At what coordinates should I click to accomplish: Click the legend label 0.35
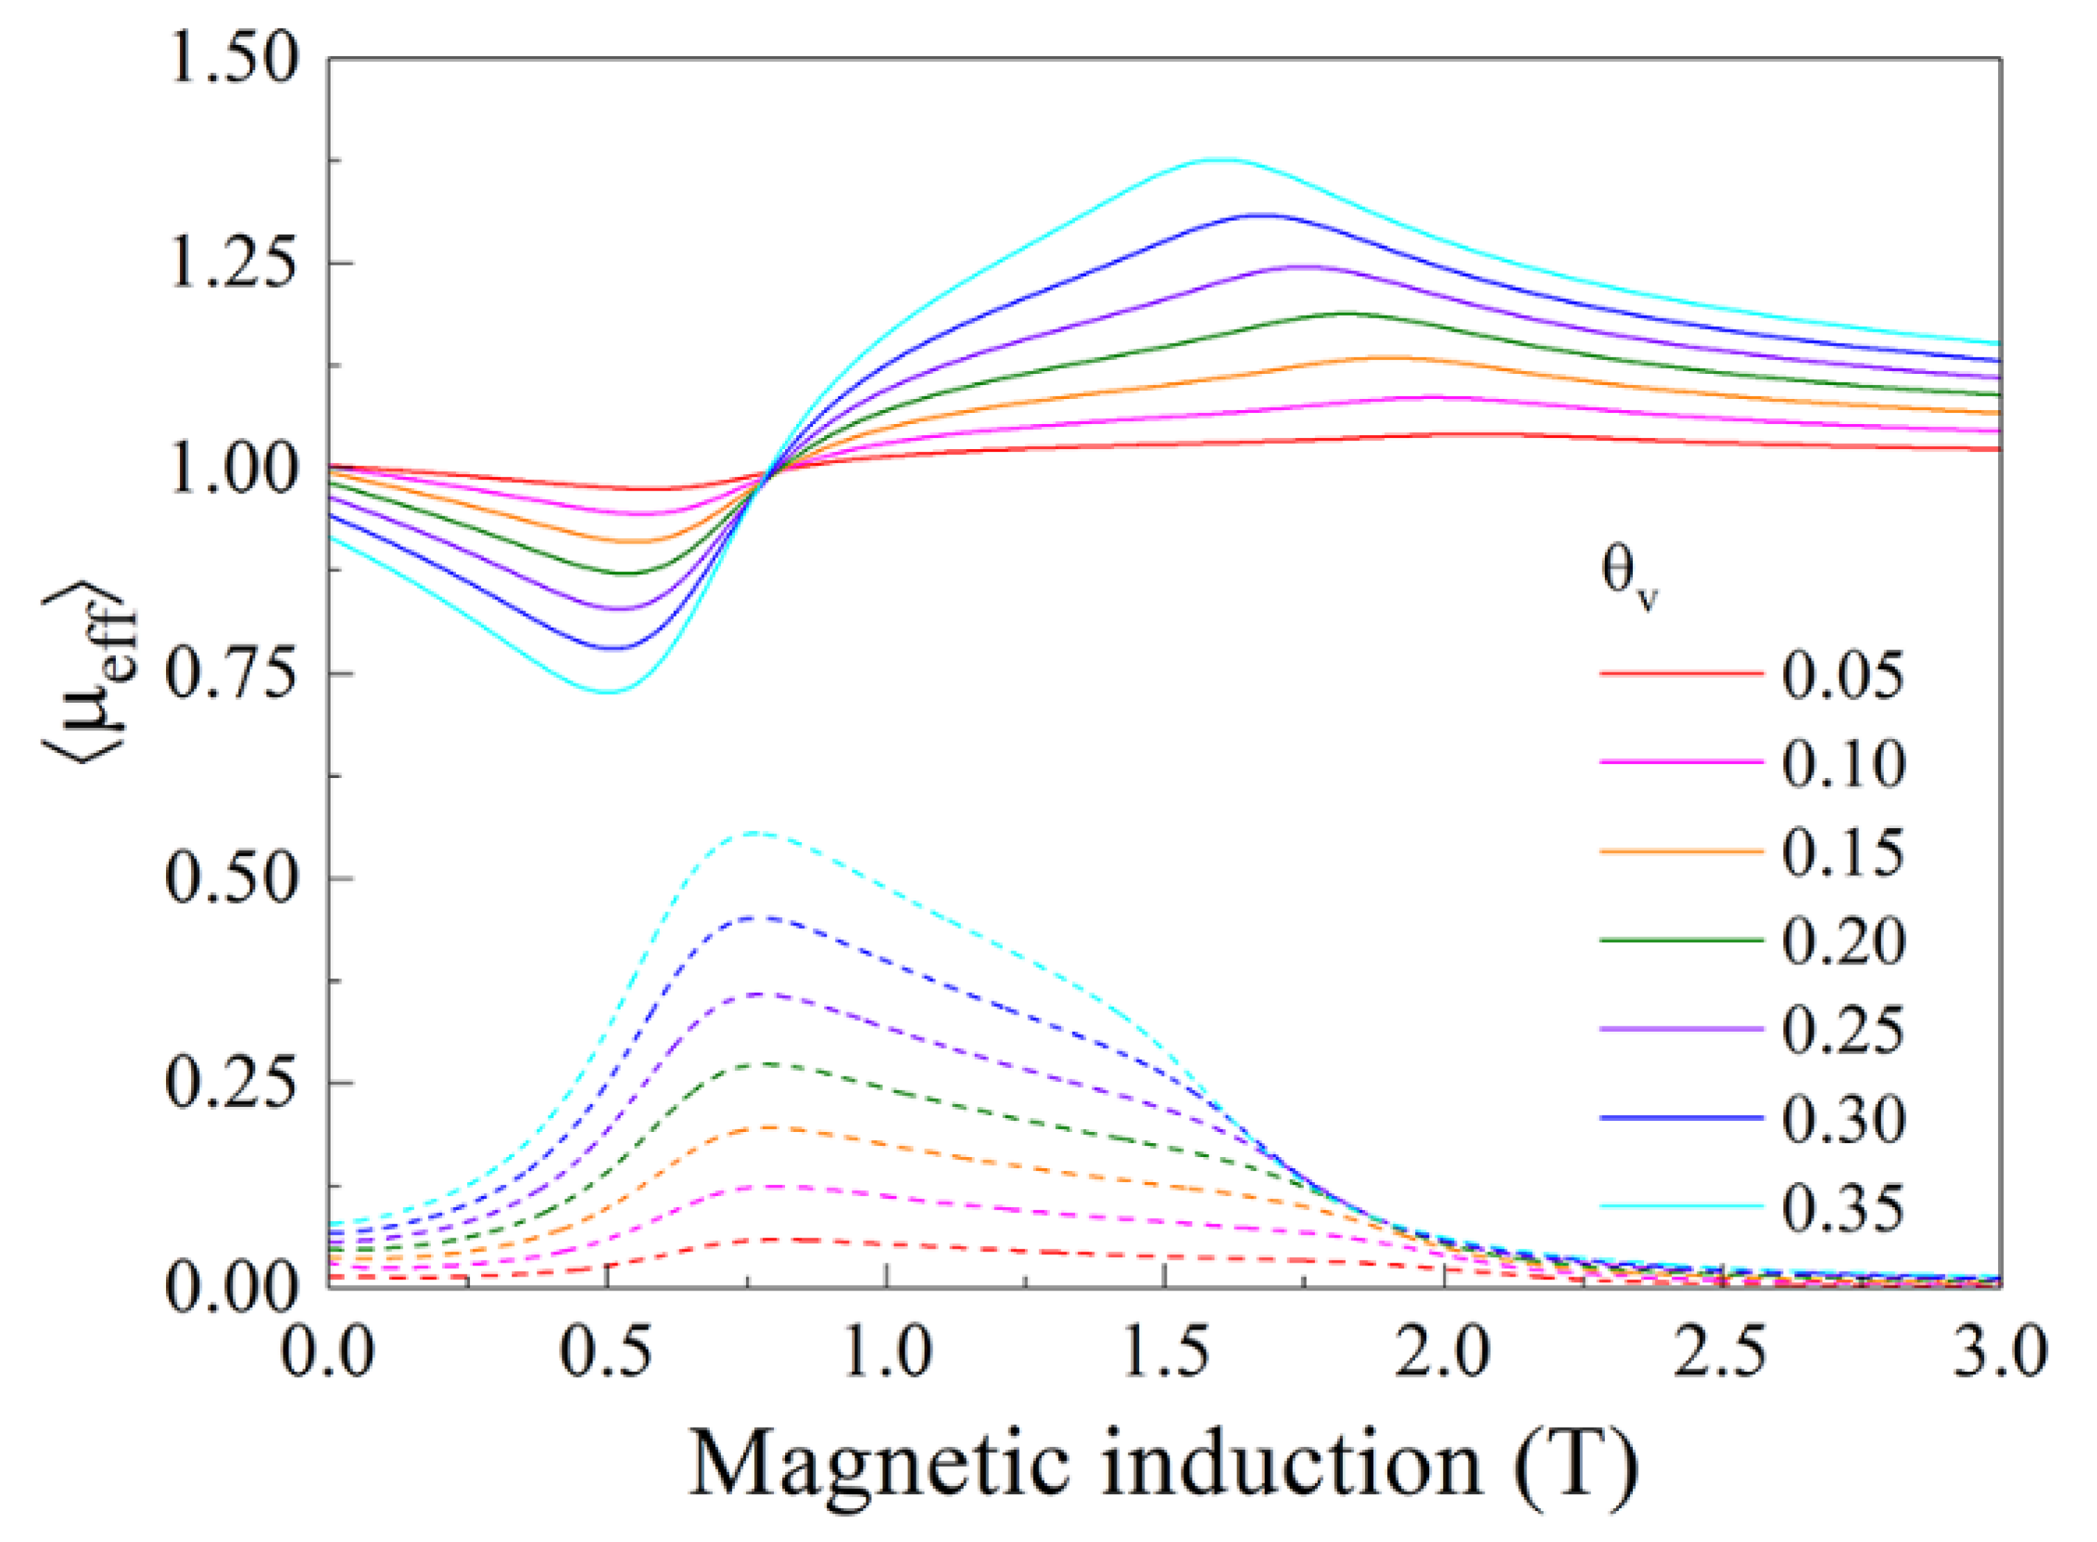click(1842, 1208)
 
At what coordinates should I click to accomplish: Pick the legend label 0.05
click(1842, 674)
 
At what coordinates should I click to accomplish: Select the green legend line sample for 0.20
click(1681, 941)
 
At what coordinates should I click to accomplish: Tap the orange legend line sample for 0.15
click(1681, 851)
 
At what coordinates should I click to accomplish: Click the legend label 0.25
click(1842, 1029)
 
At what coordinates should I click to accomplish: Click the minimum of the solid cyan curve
click(609, 692)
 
